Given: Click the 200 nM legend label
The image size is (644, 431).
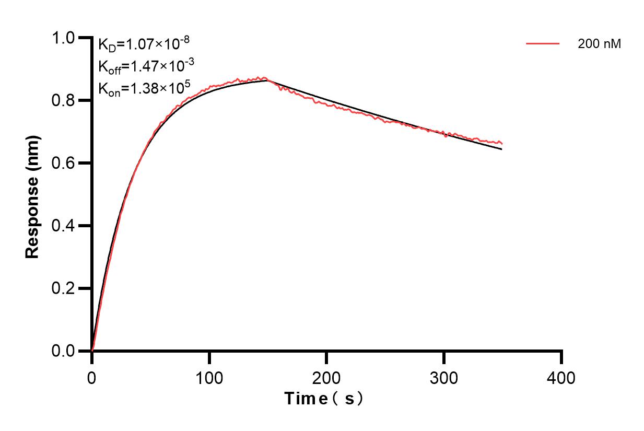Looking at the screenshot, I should click(x=599, y=44).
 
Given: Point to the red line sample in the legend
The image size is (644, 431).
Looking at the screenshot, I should click(x=543, y=44).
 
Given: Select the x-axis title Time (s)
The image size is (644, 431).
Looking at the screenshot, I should click(x=324, y=399).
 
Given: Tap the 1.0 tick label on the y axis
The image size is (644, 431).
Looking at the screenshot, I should click(x=63, y=38).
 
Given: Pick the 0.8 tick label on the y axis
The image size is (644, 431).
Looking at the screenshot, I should click(x=63, y=101).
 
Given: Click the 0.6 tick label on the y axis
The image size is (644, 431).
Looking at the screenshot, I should click(x=63, y=164).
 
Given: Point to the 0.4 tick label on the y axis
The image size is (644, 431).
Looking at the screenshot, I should click(x=63, y=226).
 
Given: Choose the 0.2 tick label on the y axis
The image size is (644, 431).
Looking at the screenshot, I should click(x=63, y=289).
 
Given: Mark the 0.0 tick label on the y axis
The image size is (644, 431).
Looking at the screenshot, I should click(x=63, y=351).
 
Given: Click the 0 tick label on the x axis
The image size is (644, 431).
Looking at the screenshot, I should click(x=92, y=377).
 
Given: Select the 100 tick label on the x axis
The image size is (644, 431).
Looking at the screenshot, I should click(x=209, y=377).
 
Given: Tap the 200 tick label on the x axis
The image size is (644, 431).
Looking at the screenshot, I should click(x=326, y=377).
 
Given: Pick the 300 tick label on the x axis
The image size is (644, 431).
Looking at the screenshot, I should click(x=444, y=377).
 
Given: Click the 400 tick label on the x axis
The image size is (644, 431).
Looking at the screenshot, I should click(x=561, y=377).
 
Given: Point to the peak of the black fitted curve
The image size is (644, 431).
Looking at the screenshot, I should click(x=267, y=80).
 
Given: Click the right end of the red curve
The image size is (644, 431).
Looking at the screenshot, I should click(x=502, y=144).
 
